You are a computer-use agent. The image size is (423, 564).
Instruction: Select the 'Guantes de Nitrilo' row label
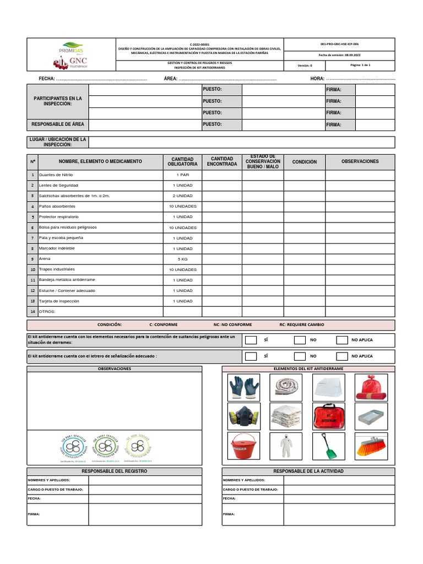(x=56, y=175)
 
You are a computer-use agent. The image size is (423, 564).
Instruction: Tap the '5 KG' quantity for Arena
(x=183, y=259)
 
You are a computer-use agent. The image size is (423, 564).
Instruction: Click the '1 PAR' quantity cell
(x=183, y=175)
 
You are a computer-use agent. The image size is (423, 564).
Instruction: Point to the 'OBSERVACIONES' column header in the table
(x=360, y=161)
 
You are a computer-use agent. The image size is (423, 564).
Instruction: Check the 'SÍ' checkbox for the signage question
(x=251, y=356)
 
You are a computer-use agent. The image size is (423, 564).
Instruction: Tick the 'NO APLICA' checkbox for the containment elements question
(x=342, y=340)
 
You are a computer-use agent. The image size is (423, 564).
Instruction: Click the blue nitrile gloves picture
(x=243, y=387)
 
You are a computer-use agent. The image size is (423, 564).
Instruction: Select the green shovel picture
(x=329, y=446)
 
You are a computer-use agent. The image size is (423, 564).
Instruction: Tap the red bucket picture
(x=243, y=446)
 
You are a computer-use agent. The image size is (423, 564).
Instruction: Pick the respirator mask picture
(x=243, y=416)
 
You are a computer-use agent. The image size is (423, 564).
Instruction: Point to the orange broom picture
(x=371, y=446)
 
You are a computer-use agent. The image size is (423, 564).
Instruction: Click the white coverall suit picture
(x=286, y=446)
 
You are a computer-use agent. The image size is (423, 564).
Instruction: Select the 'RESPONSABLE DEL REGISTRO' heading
(x=115, y=471)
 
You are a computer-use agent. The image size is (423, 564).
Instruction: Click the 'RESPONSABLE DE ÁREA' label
(x=58, y=124)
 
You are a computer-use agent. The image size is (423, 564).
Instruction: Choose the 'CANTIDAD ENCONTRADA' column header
(x=222, y=161)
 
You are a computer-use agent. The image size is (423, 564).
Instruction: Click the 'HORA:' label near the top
(x=318, y=79)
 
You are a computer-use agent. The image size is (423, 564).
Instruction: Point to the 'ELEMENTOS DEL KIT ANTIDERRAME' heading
(x=308, y=368)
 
